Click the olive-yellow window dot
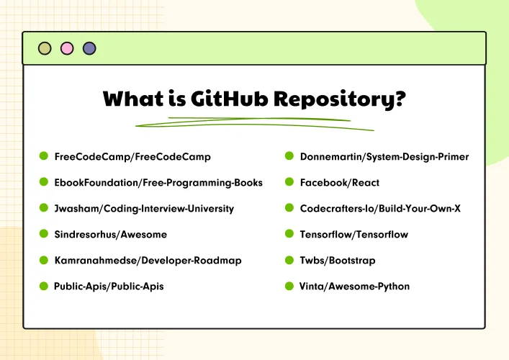(45, 49)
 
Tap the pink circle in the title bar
(67, 49)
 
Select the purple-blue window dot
(89, 49)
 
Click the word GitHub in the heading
(229, 99)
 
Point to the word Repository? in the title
(340, 99)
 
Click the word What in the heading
(133, 99)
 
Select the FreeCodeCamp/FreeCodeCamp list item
(132, 157)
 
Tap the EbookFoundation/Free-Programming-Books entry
(158, 183)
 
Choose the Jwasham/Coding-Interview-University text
(144, 209)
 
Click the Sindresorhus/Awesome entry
(111, 235)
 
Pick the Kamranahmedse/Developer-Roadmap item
(148, 261)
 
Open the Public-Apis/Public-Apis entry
(109, 287)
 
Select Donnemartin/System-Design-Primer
(384, 157)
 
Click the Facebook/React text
(340, 183)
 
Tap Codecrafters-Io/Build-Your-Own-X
(380, 208)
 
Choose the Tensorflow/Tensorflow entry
(353, 235)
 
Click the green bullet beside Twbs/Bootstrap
(289, 260)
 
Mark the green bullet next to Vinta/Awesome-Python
(289, 286)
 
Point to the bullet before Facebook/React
(289, 182)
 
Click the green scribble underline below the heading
(255, 123)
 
